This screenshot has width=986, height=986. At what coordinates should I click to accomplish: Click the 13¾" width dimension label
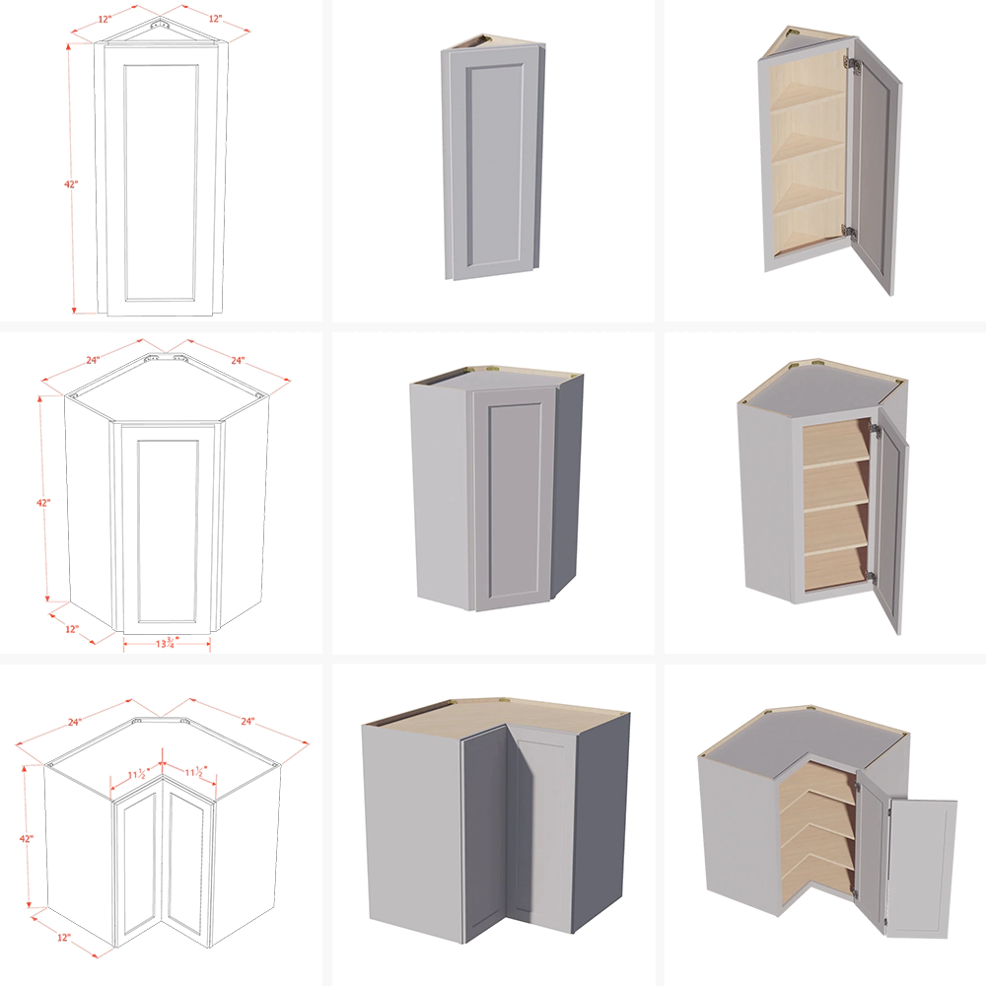pyautogui.click(x=168, y=643)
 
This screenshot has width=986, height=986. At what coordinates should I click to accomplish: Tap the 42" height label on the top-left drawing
pyautogui.click(x=71, y=184)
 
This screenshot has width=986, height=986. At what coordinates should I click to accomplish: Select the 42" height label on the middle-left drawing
pyautogui.click(x=43, y=503)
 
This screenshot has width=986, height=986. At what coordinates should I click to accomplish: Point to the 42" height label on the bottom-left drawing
pyautogui.click(x=27, y=838)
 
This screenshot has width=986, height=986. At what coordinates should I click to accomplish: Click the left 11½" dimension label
pyautogui.click(x=138, y=774)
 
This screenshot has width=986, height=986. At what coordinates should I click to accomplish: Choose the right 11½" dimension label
pyautogui.click(x=195, y=772)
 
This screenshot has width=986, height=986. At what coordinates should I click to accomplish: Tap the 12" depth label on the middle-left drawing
pyautogui.click(x=72, y=629)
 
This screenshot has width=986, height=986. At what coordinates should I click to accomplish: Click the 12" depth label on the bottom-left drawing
pyautogui.click(x=63, y=937)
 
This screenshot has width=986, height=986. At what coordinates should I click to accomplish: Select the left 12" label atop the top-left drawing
pyautogui.click(x=105, y=20)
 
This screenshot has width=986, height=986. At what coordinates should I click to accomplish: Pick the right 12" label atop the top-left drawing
pyautogui.click(x=215, y=19)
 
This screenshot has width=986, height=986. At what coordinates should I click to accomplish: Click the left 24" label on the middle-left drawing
pyautogui.click(x=93, y=360)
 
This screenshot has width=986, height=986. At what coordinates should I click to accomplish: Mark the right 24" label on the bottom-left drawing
pyautogui.click(x=247, y=722)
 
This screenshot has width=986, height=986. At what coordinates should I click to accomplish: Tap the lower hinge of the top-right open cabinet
pyautogui.click(x=849, y=231)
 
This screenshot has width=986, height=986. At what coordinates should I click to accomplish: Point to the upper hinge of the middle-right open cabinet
pyautogui.click(x=875, y=430)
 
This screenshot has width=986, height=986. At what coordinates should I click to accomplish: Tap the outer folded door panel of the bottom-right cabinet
pyautogui.click(x=921, y=868)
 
